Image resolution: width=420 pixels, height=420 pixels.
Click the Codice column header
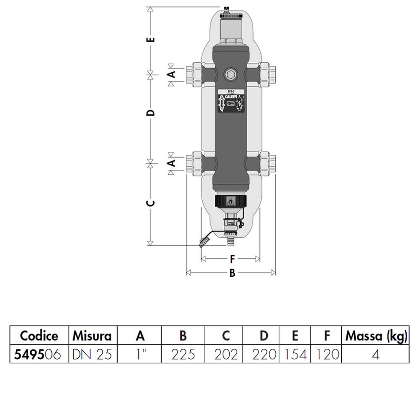(x=39, y=336)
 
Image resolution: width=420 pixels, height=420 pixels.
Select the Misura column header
(x=92, y=336)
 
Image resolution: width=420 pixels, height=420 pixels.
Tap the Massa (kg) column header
(x=377, y=336)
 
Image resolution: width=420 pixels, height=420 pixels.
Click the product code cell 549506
(x=39, y=354)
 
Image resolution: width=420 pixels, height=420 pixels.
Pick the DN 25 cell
(x=92, y=354)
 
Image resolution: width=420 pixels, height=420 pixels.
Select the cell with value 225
(x=183, y=354)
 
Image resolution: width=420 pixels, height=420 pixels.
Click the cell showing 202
(x=226, y=354)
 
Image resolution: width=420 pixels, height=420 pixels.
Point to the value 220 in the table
(x=264, y=354)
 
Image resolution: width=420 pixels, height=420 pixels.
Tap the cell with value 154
(x=295, y=354)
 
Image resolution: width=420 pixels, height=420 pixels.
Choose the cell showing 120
(x=327, y=354)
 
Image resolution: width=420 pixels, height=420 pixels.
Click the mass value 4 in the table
(x=377, y=354)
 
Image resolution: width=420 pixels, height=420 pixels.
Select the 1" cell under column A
(x=140, y=354)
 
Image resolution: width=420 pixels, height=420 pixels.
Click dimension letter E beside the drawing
(x=152, y=39)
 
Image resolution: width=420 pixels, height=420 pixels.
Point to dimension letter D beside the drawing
(x=152, y=113)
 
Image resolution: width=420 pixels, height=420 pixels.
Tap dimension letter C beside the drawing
(x=152, y=203)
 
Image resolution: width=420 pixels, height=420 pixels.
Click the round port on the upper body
(x=230, y=75)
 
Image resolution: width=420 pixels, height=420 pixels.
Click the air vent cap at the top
(x=227, y=9)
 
